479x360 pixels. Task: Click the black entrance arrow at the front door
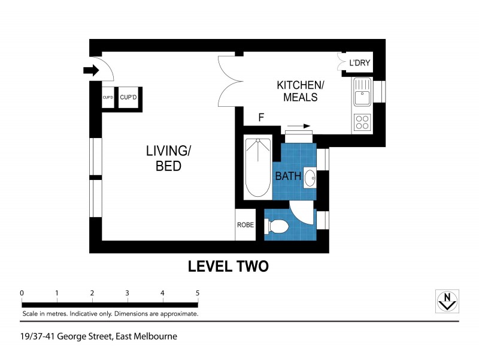point(91,71)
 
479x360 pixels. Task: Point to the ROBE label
point(245,226)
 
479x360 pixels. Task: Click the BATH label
point(288,176)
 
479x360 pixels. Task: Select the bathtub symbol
point(258,167)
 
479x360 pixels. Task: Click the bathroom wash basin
point(310,178)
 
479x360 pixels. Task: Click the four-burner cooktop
point(362,122)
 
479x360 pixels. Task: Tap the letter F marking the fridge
point(260,118)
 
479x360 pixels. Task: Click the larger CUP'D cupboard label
point(129,97)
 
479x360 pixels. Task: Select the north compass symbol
point(446,301)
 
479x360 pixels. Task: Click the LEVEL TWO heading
point(228,266)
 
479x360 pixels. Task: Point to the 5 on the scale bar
point(198,293)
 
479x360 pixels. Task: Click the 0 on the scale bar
point(22,293)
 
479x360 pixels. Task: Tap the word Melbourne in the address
point(154,337)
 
